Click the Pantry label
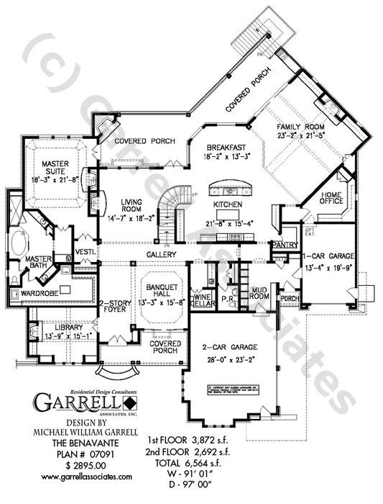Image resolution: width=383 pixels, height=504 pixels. coord(285,245)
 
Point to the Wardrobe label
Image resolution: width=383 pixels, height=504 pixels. coord(29,292)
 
